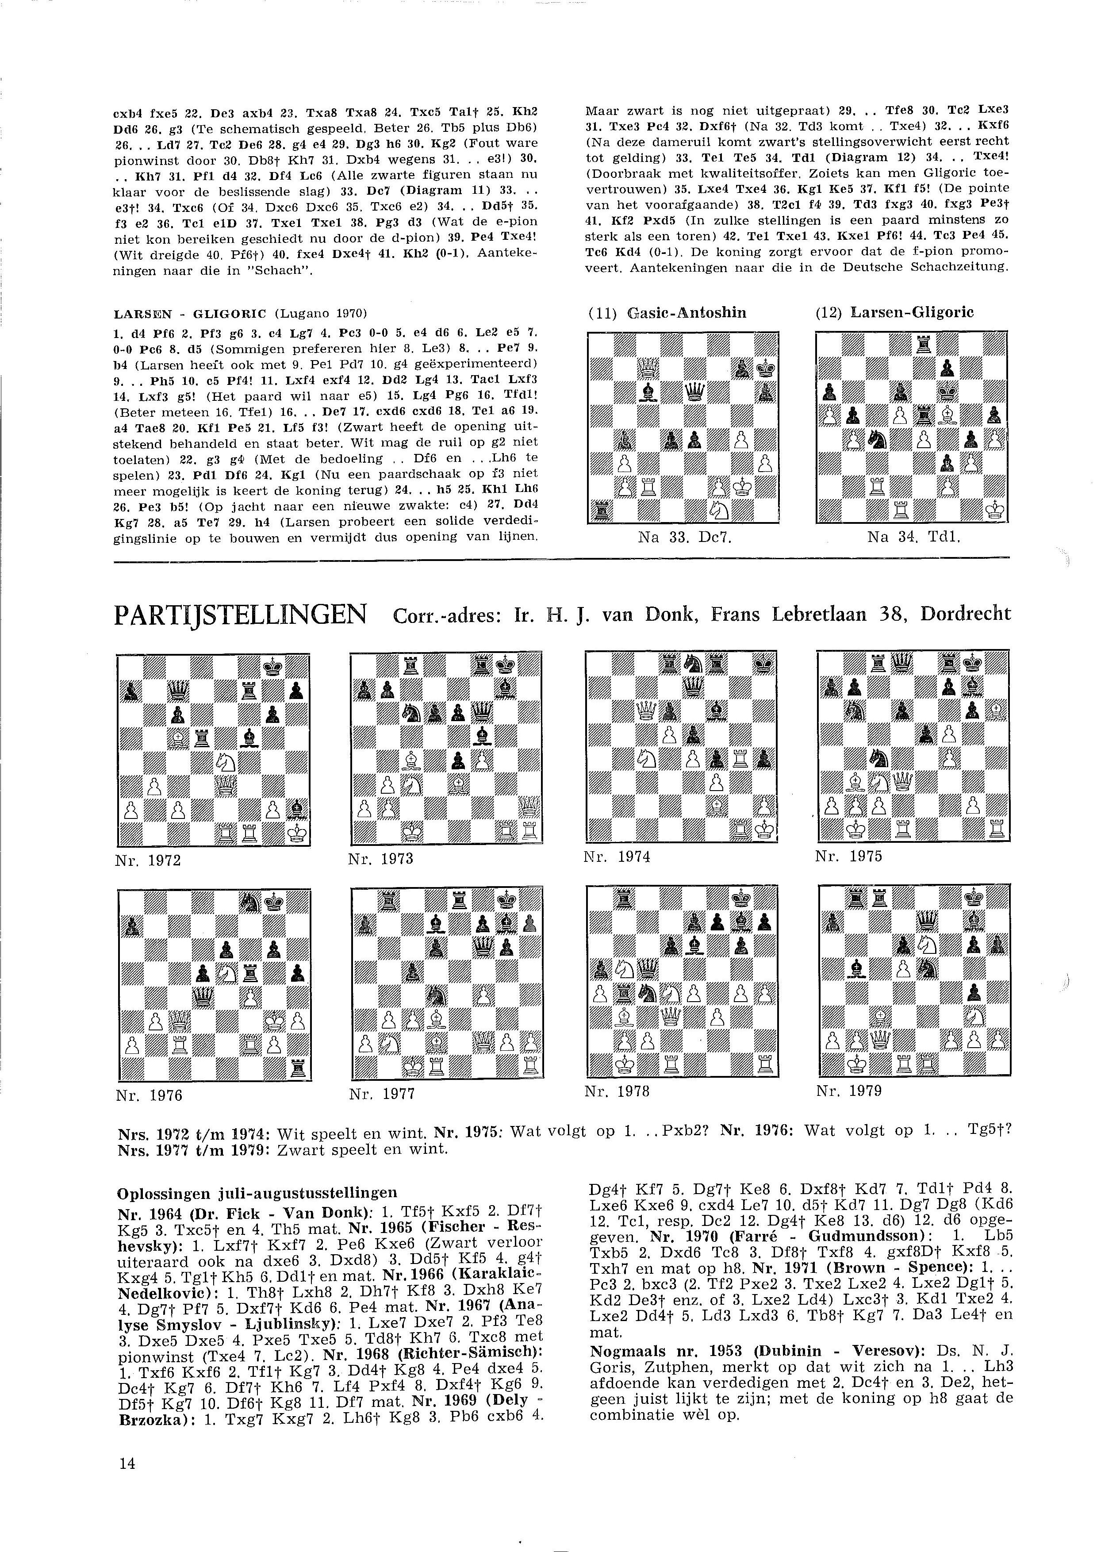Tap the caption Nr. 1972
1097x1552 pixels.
148,861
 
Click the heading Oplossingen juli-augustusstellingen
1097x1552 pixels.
257,1192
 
